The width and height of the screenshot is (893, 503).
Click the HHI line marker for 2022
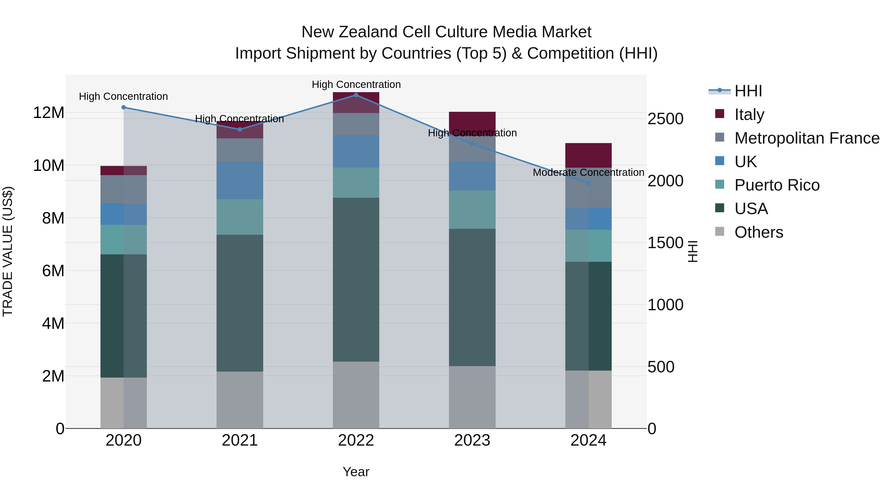click(x=356, y=95)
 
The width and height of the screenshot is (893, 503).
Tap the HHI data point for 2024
click(x=588, y=183)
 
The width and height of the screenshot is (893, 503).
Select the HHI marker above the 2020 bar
click(x=124, y=107)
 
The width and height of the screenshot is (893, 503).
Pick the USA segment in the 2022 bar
click(x=356, y=279)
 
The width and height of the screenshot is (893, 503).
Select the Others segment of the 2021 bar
click(x=240, y=400)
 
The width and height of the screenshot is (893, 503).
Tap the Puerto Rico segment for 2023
click(x=472, y=209)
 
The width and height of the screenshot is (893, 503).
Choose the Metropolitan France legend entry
click(x=807, y=138)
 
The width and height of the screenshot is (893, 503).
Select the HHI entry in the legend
click(x=748, y=91)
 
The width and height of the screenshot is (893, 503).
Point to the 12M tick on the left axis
click(x=49, y=113)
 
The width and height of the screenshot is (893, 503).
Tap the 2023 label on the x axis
click(x=472, y=440)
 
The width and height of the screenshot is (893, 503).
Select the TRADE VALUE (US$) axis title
click(x=8, y=251)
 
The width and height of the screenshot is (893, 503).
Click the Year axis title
click(x=356, y=472)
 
